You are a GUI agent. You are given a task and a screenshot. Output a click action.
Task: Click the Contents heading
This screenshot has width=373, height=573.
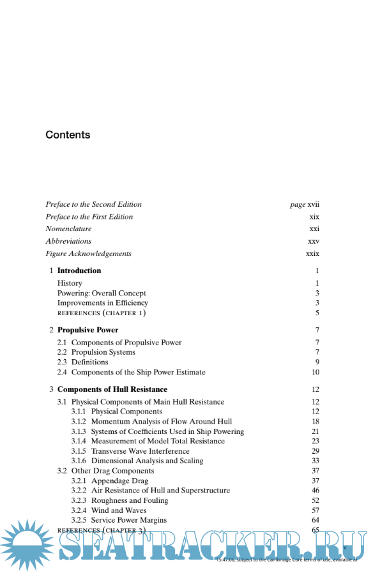(x=68, y=135)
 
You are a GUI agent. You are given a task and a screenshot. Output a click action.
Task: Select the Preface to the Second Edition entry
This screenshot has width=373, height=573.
(x=93, y=204)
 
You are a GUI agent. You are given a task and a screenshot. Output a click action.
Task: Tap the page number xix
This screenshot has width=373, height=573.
(x=314, y=216)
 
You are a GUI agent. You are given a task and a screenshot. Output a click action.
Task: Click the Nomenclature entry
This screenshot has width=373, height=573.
(x=68, y=228)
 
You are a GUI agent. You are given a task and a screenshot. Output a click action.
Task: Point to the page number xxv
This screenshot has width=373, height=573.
(x=314, y=241)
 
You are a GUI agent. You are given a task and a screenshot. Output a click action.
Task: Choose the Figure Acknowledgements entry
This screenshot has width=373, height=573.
(x=88, y=253)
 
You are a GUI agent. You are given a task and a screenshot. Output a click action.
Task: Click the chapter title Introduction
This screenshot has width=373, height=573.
(x=79, y=271)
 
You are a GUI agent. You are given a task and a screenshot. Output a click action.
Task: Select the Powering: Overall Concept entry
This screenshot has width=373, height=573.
(x=102, y=293)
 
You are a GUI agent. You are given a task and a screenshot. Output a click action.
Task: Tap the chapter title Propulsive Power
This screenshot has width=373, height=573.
(x=88, y=330)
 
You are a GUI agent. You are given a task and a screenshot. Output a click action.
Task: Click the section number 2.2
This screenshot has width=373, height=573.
(x=62, y=352)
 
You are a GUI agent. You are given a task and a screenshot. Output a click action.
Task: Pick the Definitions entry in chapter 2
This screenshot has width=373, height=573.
(x=89, y=362)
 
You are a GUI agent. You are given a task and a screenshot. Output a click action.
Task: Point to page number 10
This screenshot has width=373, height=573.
(x=316, y=372)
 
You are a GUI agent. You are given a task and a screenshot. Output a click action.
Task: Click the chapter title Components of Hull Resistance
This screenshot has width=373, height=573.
(x=112, y=389)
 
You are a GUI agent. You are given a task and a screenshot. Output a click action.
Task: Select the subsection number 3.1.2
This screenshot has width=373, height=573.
(x=79, y=422)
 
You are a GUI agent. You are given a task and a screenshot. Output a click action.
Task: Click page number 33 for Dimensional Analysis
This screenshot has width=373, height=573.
(x=316, y=461)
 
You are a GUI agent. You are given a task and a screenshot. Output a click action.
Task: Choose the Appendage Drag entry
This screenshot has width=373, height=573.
(x=119, y=480)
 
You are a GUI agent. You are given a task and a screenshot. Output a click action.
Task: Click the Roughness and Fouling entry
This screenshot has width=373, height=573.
(x=130, y=500)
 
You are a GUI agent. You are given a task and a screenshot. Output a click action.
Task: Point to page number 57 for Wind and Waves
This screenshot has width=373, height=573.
(x=316, y=510)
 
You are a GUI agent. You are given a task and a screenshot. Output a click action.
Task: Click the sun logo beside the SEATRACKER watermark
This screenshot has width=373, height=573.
(x=28, y=544)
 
